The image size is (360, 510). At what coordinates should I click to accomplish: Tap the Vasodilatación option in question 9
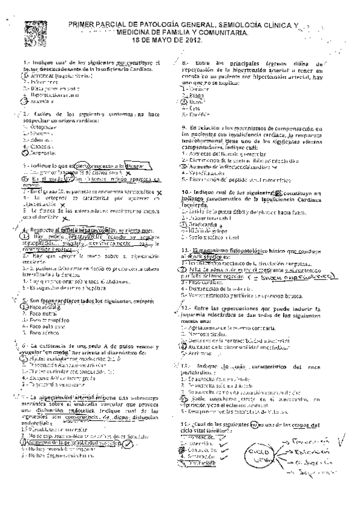[209, 172]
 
